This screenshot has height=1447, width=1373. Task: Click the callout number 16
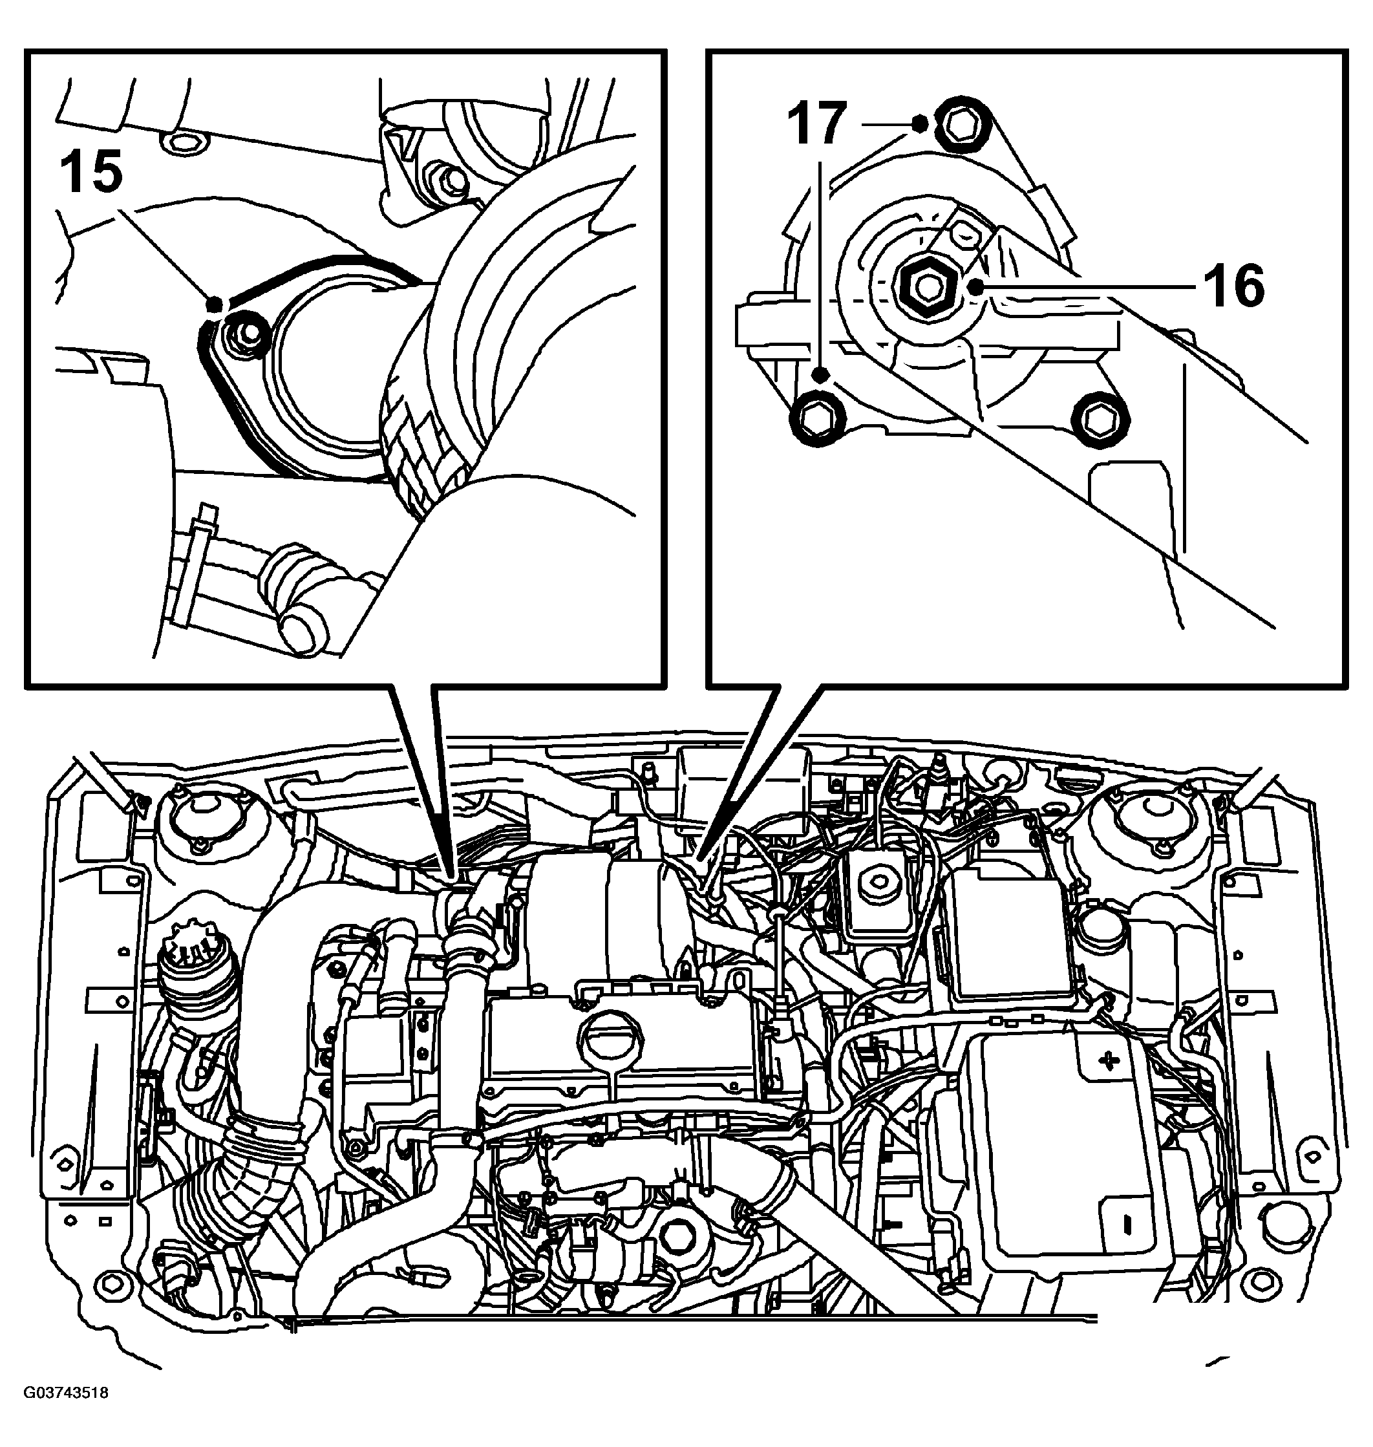[x=1235, y=285]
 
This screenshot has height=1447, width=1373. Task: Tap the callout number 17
[x=817, y=123]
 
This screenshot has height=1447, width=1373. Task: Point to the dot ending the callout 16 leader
[x=976, y=285]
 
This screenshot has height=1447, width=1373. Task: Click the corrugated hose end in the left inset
[x=423, y=454]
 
